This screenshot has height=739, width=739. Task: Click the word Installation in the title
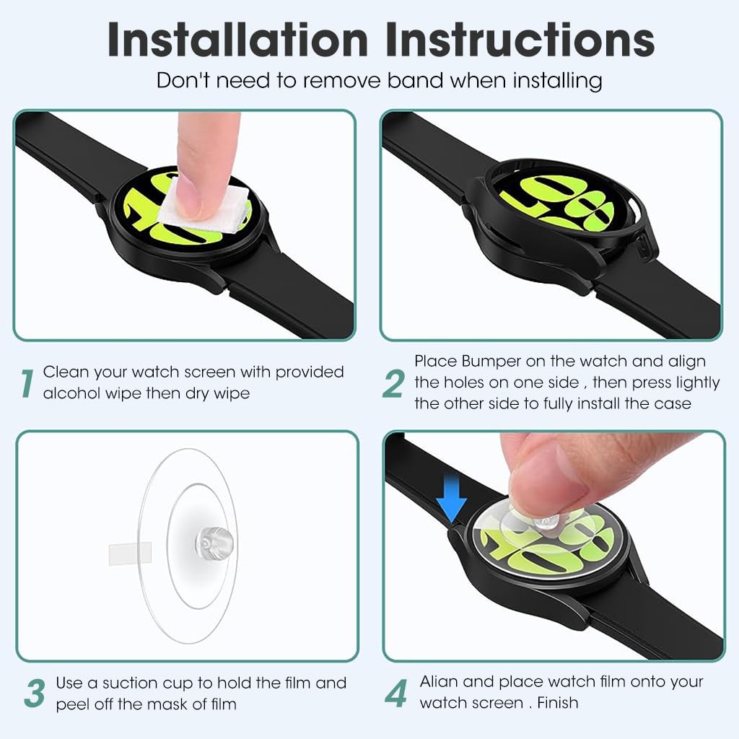click(x=237, y=40)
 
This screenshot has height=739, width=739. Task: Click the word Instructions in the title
click(x=520, y=40)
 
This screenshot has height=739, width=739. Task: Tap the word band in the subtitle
click(x=415, y=80)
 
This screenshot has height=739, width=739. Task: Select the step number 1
click(x=27, y=383)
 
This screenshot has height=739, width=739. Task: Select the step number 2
click(x=393, y=383)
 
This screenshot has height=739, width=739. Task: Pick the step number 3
click(x=35, y=694)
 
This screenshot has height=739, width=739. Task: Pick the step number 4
click(x=396, y=694)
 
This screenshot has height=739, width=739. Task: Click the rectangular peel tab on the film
click(x=130, y=554)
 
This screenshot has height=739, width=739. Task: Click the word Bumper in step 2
click(x=491, y=362)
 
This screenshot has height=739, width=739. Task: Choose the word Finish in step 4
click(x=558, y=703)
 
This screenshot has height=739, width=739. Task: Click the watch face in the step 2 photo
click(x=559, y=203)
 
